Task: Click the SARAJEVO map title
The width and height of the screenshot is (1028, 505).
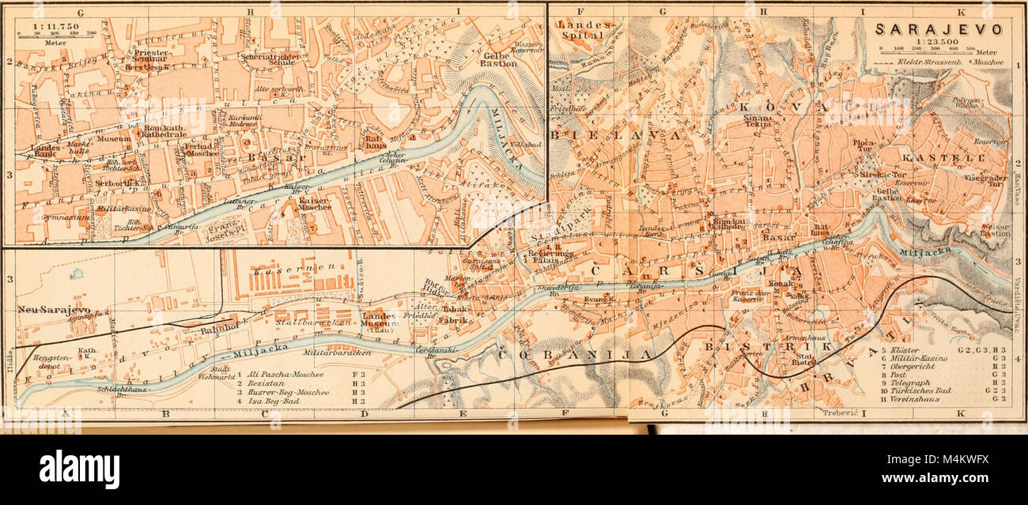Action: pos(938,30)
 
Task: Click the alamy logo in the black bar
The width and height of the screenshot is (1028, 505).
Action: pos(79,469)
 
